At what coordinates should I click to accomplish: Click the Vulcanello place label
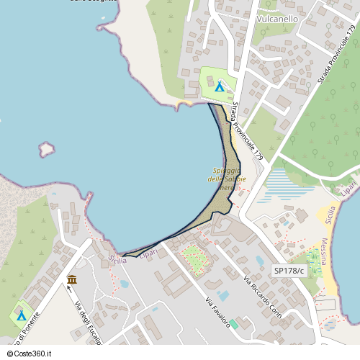(x=277, y=19)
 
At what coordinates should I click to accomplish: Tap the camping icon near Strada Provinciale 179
(x=219, y=86)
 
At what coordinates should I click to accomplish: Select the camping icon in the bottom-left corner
(x=21, y=315)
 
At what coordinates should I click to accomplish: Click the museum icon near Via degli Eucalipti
(x=72, y=279)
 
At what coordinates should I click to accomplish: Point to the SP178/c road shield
(x=289, y=270)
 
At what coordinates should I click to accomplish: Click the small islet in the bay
(x=47, y=149)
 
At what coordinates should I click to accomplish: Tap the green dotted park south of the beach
(x=193, y=255)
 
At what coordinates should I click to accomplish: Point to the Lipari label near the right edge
(x=349, y=189)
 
